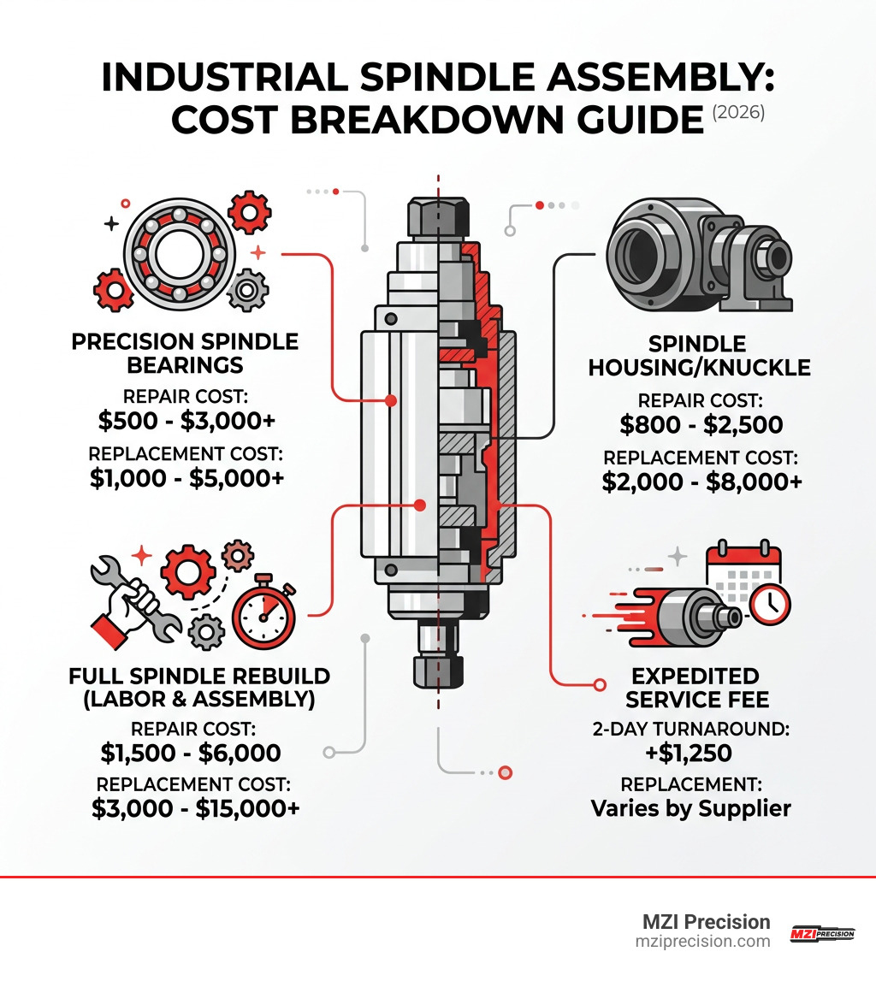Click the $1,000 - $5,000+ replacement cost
[186, 479]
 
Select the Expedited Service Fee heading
[697, 687]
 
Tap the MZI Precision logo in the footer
[821, 934]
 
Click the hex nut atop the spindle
[438, 216]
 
